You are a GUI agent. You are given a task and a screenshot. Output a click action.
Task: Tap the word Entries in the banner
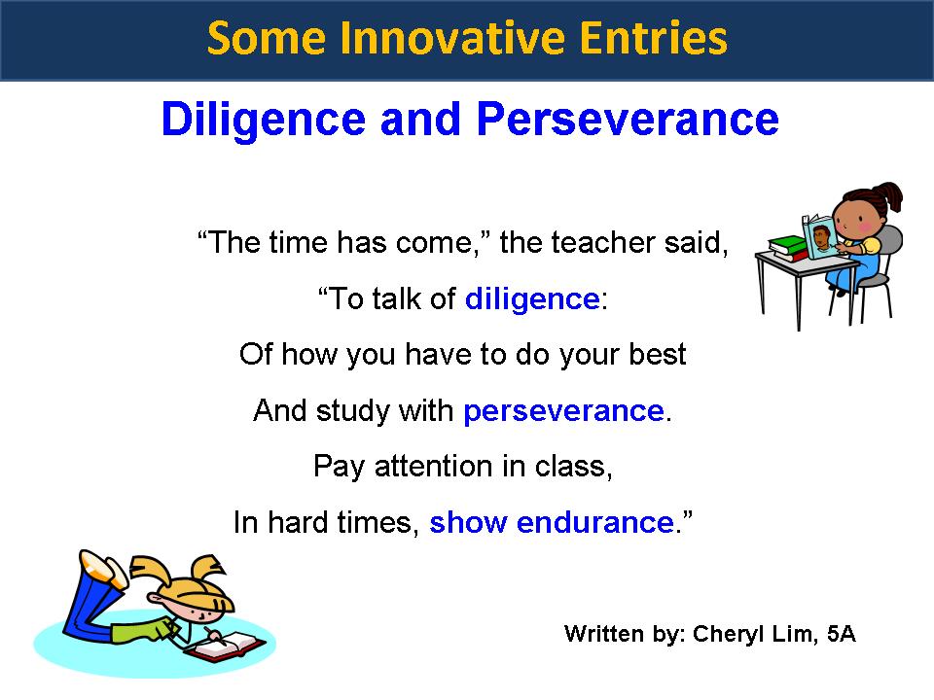[x=654, y=38]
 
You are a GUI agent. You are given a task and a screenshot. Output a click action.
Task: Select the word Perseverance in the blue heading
[x=628, y=119]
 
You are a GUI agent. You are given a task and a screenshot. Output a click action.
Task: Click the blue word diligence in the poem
[x=532, y=298]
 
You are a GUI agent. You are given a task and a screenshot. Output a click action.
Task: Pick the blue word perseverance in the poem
[x=563, y=411]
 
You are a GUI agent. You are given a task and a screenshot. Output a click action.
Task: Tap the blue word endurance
[x=595, y=523]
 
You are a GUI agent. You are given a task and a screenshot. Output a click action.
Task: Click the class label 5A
[x=841, y=634]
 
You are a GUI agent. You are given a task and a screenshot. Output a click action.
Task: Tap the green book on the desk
[x=787, y=245]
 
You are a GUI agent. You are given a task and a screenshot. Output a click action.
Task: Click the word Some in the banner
[x=267, y=38]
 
